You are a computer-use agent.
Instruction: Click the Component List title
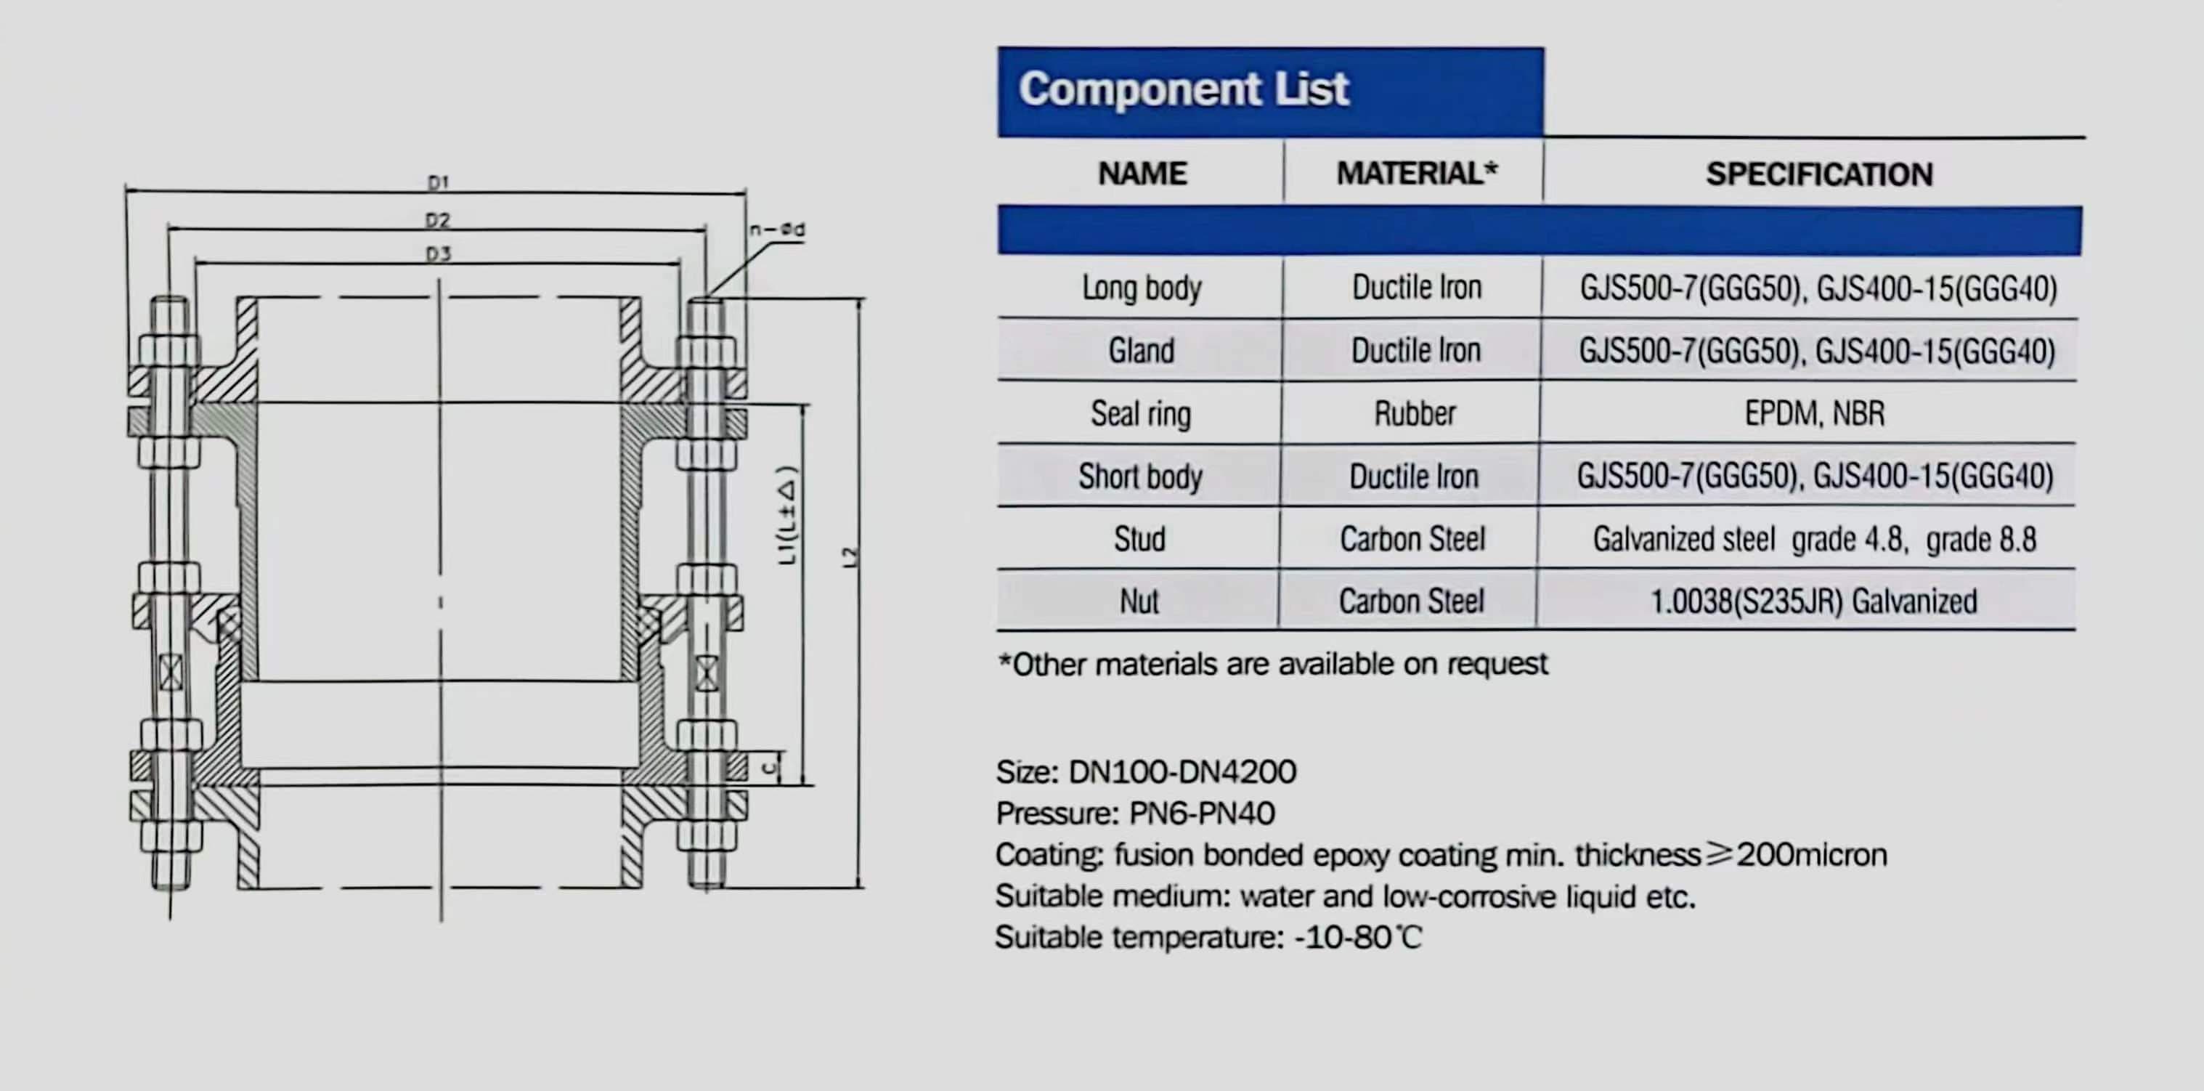click(1183, 89)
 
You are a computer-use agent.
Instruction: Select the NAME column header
click(1142, 174)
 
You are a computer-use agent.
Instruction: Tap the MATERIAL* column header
click(1417, 173)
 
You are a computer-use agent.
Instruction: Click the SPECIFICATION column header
click(1819, 174)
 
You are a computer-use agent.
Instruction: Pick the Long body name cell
click(1142, 288)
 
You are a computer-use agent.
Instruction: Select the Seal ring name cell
click(1141, 414)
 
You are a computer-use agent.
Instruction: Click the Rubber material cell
click(1415, 413)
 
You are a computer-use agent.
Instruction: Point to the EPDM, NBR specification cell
click(1815, 413)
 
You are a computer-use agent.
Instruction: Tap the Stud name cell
click(1139, 539)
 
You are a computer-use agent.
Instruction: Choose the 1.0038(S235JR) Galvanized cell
click(1813, 601)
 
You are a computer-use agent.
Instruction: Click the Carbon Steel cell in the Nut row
click(1412, 601)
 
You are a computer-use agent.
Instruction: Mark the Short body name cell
click(1141, 476)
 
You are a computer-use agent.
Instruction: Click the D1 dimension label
click(438, 182)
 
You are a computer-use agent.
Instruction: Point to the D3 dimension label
click(438, 254)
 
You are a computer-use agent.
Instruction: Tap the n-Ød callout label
click(777, 230)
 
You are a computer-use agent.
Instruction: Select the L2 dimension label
click(850, 557)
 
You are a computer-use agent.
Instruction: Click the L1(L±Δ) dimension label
click(787, 515)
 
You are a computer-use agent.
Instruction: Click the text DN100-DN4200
click(1182, 772)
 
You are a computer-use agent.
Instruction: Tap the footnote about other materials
click(1273, 664)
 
